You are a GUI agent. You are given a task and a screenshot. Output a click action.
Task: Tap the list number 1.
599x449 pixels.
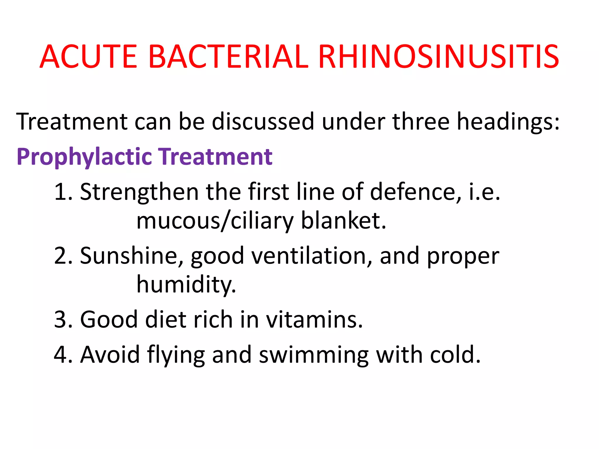tap(62, 192)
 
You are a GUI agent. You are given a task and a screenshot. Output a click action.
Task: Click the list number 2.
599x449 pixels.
tap(62, 256)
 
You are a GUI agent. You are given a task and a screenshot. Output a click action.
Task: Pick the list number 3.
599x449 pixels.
tap(62, 320)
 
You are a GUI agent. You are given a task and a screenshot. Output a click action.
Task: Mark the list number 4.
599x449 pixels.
tap(62, 355)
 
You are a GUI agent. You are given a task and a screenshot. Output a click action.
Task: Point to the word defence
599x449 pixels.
tap(415, 192)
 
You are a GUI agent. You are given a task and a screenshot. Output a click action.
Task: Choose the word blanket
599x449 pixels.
tap(343, 220)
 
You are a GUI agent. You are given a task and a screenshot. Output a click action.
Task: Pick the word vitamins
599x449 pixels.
tap(314, 320)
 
